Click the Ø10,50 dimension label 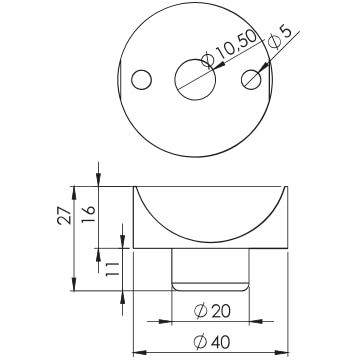[230, 48]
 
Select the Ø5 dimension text [279, 37]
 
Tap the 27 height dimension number [64, 215]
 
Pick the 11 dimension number [112, 269]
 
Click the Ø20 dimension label [212, 311]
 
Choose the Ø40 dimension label [211, 342]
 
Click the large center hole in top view [195, 79]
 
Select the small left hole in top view [142, 80]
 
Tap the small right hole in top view [251, 79]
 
